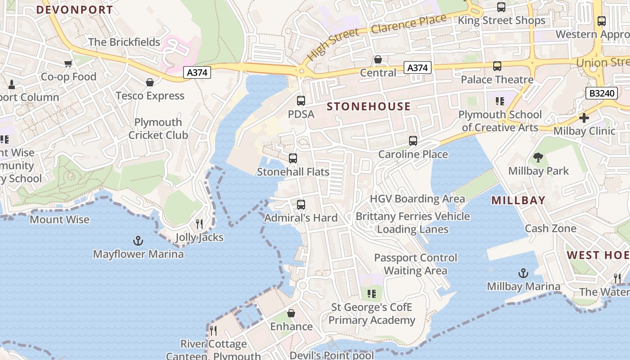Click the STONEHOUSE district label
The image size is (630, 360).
coord(369,107)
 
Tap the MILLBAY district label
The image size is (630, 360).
coord(518,200)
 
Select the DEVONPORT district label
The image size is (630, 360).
coord(75,10)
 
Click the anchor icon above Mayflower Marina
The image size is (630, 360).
coord(138,241)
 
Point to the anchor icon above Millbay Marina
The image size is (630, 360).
coord(523,273)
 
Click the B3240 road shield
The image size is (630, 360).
coord(601,93)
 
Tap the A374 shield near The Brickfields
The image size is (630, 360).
coord(197,72)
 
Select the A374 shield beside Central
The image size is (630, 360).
coord(418,67)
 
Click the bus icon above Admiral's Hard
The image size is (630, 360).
coord(301,205)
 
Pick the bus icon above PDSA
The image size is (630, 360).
coord(301,101)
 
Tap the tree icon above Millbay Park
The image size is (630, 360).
coord(538,157)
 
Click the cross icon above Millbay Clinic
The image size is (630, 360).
coord(584,118)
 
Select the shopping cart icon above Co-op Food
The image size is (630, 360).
coord(68,63)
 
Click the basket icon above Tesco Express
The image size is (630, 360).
coord(150,82)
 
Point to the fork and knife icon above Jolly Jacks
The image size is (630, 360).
coord(199,224)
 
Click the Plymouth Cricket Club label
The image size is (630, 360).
coord(158,129)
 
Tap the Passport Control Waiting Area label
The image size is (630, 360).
coord(415,264)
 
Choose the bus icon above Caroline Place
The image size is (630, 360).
coord(413,141)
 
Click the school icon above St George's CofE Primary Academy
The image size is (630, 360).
coord(372,294)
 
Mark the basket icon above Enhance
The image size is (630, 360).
coord(291,313)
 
